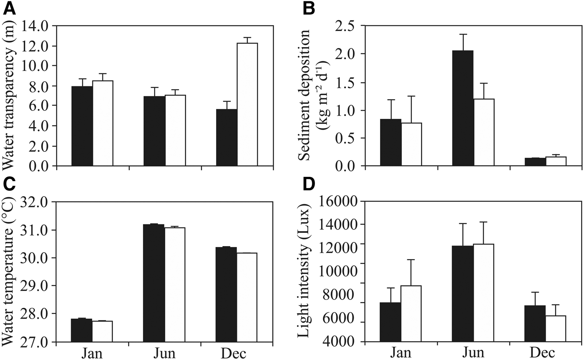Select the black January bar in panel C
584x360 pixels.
(x=82, y=330)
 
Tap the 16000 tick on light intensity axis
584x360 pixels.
(x=339, y=202)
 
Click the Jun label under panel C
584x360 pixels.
(x=164, y=353)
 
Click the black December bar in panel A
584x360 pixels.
(x=227, y=138)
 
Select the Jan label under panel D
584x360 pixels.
(x=401, y=353)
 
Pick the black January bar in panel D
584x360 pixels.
(x=391, y=322)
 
